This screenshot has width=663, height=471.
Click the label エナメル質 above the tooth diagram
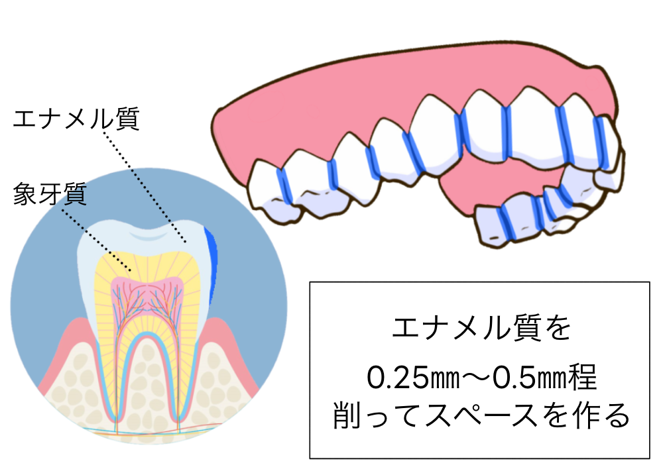click(x=76, y=119)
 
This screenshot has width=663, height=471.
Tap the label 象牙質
click(x=50, y=194)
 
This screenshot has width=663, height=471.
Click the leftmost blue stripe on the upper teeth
click(x=284, y=185)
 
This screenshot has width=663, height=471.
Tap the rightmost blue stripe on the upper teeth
click(x=601, y=142)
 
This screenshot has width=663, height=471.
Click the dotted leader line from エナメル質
click(x=144, y=186)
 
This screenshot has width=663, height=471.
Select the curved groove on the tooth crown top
click(x=147, y=235)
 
